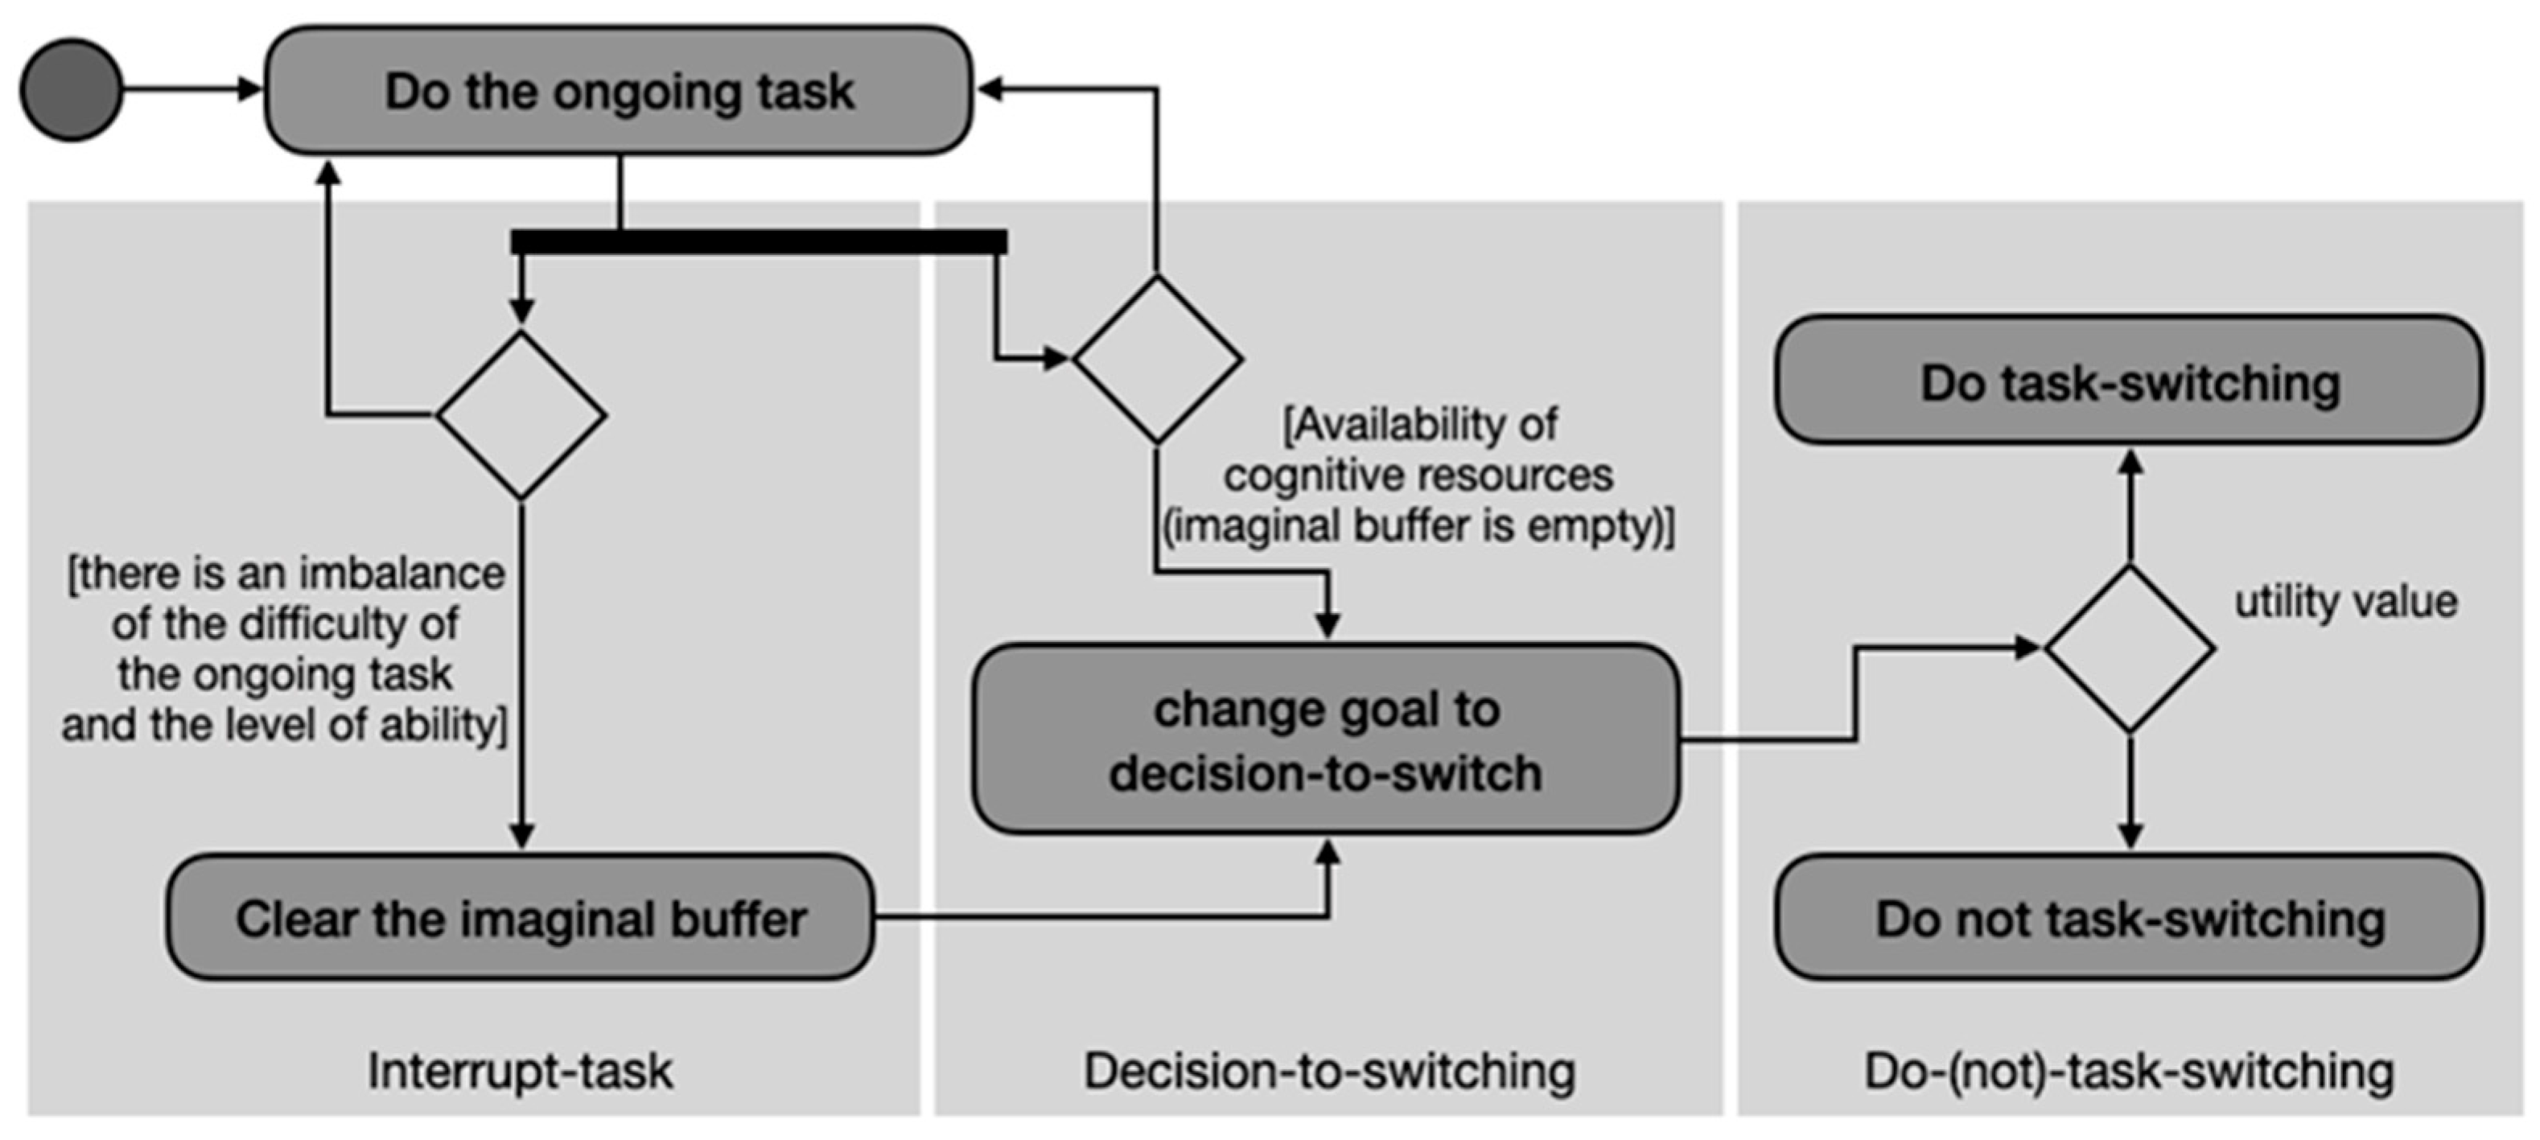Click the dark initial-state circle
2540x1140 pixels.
click(x=71, y=90)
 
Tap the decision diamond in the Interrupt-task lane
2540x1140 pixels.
click(x=521, y=415)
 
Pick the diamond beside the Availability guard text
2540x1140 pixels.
click(x=1157, y=359)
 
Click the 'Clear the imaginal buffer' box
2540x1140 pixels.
click(x=520, y=918)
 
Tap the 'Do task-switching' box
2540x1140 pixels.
click(x=2129, y=381)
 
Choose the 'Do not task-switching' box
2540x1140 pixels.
click(x=2129, y=918)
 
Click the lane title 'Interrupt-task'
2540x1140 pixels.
click(x=520, y=1071)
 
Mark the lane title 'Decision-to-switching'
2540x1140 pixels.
click(x=1328, y=1071)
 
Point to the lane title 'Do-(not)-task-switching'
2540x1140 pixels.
click(x=2129, y=1071)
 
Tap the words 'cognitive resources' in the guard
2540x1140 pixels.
click(x=1418, y=476)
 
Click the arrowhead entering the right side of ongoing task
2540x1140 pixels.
click(x=990, y=90)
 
